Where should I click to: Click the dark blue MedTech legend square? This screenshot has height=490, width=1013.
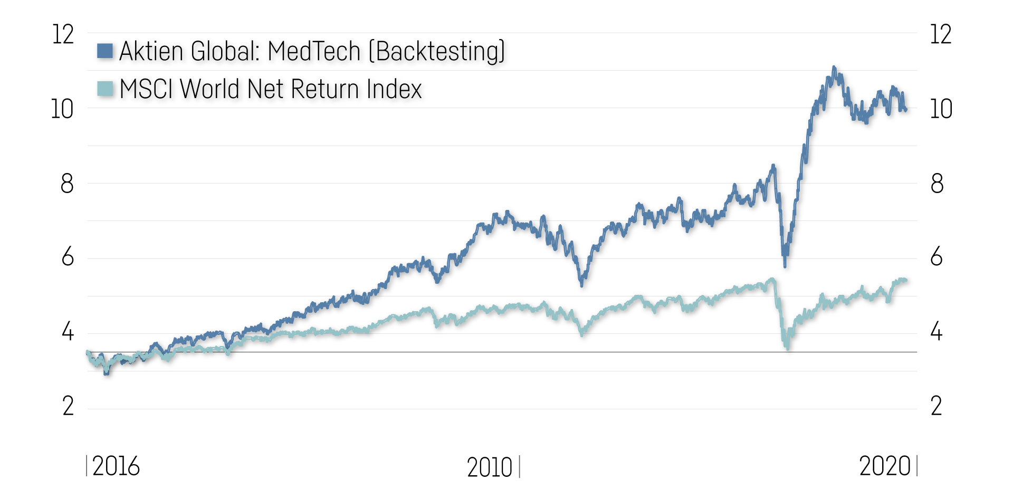coord(105,51)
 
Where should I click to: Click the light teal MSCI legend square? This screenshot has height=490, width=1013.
coord(105,89)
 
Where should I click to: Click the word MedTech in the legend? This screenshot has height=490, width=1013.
coord(314,51)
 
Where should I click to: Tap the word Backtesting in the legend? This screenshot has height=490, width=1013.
coord(436,51)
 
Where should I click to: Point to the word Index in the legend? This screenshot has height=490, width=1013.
coord(394,89)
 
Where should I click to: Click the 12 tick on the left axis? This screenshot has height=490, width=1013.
coord(63,35)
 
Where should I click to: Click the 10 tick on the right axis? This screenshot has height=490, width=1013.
coord(941,110)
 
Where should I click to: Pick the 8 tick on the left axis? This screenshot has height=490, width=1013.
coord(67,184)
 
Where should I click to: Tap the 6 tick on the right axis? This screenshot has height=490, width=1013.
coord(936,257)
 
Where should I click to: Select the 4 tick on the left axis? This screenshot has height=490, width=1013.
coord(68,333)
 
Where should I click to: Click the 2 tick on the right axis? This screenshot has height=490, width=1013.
coord(936,407)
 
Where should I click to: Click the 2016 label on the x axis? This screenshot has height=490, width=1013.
coord(116,466)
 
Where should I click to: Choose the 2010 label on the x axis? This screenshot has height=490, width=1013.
coord(490,467)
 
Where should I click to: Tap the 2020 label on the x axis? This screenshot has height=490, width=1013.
coord(885,466)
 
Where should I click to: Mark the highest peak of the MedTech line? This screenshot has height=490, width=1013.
coord(834,68)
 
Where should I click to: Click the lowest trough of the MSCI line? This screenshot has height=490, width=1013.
coord(788,348)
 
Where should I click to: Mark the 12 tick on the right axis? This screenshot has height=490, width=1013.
coord(941,35)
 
